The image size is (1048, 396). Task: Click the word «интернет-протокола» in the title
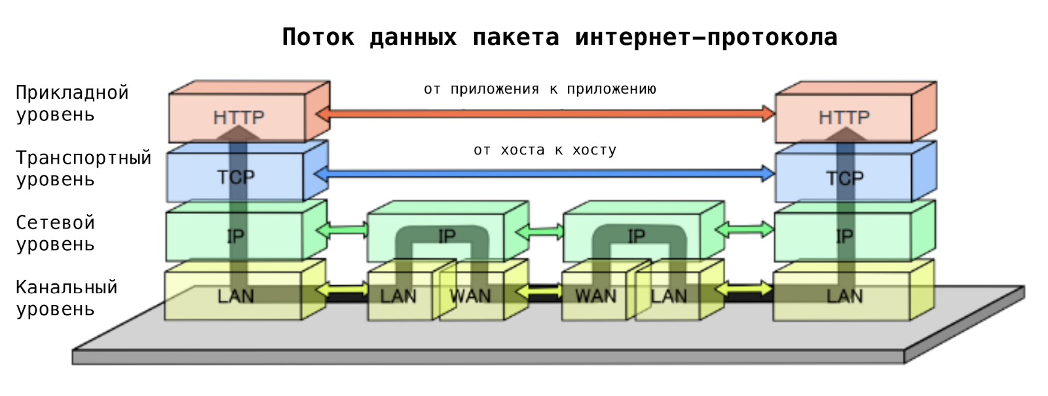(x=706, y=37)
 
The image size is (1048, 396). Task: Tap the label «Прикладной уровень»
(x=72, y=103)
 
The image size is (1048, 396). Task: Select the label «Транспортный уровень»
(x=83, y=168)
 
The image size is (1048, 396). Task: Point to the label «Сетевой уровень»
(x=56, y=233)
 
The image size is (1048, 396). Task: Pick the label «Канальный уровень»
(x=66, y=298)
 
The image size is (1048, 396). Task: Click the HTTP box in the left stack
(x=238, y=118)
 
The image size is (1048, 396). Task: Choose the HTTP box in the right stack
(x=844, y=118)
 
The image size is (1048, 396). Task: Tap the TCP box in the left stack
(x=235, y=177)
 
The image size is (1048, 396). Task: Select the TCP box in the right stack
(x=844, y=177)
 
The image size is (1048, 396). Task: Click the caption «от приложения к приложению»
(x=540, y=89)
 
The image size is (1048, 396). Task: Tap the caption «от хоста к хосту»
(x=545, y=150)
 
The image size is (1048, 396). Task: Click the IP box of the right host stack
(x=844, y=236)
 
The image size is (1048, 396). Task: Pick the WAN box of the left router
(x=470, y=297)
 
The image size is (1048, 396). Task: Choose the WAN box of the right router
(x=595, y=297)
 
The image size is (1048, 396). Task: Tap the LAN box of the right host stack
(x=844, y=297)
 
